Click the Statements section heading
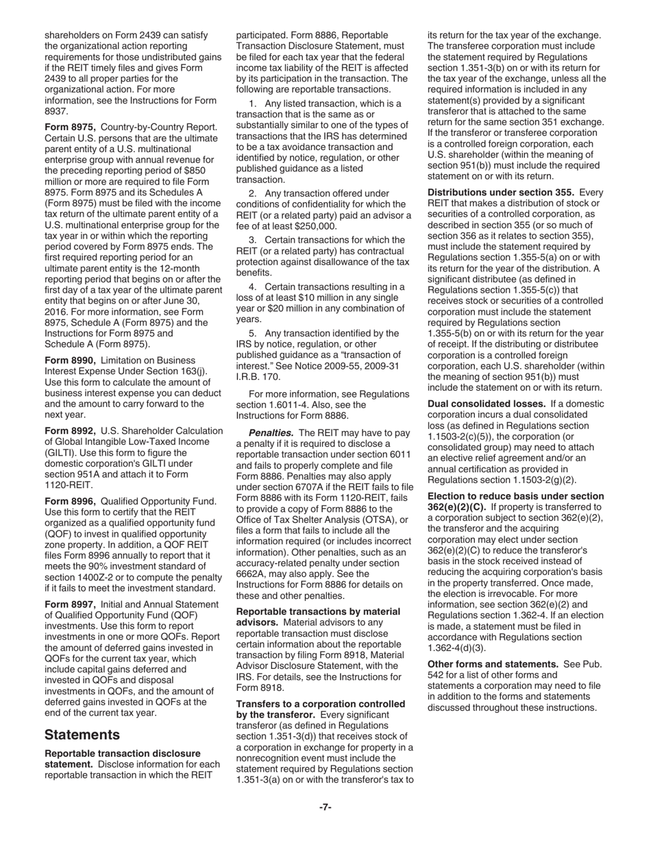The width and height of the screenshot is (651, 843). coord(82,735)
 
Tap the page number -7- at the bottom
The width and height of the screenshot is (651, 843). coord(325,807)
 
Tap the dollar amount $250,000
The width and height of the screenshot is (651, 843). coord(312,226)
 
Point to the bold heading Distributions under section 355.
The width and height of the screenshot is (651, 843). coord(501,193)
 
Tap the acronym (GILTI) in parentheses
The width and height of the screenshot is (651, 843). coord(60,453)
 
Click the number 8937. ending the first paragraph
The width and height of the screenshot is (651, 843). coord(56,111)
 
